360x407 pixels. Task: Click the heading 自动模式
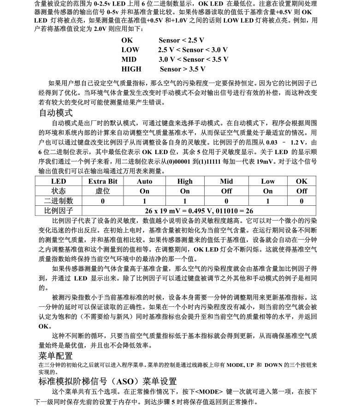pyautogui.click(x=55, y=113)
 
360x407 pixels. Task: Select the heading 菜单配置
pyautogui.click(x=55, y=356)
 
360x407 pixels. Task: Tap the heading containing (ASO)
pyautogui.click(x=107, y=381)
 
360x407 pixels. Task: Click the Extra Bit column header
pyautogui.click(x=102, y=181)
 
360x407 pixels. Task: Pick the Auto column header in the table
pyautogui.click(x=144, y=181)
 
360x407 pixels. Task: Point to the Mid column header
pyautogui.click(x=226, y=181)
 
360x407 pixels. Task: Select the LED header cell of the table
pyautogui.click(x=58, y=181)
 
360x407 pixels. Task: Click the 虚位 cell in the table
pyautogui.click(x=102, y=191)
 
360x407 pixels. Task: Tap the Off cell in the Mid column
pyautogui.click(x=226, y=191)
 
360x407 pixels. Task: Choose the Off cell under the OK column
pyautogui.click(x=301, y=191)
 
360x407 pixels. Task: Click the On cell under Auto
pyautogui.click(x=144, y=191)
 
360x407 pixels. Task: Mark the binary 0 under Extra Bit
pyautogui.click(x=102, y=201)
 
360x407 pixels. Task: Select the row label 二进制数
pyautogui.click(x=58, y=201)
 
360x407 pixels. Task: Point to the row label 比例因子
pyautogui.click(x=58, y=210)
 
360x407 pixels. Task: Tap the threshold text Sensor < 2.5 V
pyautogui.click(x=181, y=40)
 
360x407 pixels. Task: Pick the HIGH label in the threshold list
pyautogui.click(x=131, y=69)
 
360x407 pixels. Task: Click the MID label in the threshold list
pyautogui.click(x=129, y=60)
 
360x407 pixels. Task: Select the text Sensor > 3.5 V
pyautogui.click(x=183, y=69)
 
